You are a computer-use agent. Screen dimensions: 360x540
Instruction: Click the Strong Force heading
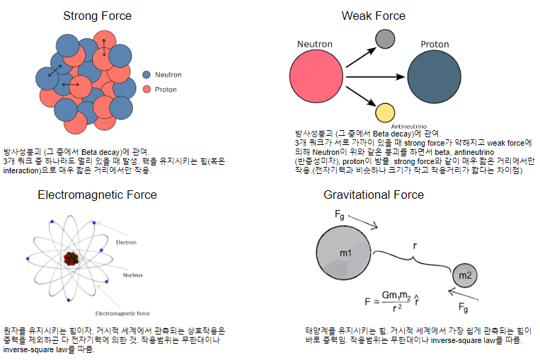(97, 16)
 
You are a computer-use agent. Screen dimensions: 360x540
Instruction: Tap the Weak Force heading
(373, 16)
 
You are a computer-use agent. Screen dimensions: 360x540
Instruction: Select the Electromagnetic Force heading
(97, 194)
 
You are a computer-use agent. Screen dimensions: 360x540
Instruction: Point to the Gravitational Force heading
(373, 194)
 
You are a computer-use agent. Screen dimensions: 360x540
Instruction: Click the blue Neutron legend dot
(147, 74)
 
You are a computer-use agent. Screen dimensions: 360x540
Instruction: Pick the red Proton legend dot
(147, 90)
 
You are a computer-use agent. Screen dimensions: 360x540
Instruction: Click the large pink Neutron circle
(316, 76)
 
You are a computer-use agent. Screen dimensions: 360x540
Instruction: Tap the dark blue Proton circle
(435, 76)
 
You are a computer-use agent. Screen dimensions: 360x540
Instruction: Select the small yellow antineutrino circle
(385, 112)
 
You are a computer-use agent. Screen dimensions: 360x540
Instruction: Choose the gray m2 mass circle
(465, 274)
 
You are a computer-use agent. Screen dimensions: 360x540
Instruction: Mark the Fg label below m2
(464, 308)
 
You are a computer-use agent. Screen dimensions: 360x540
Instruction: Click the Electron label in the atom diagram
(126, 242)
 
